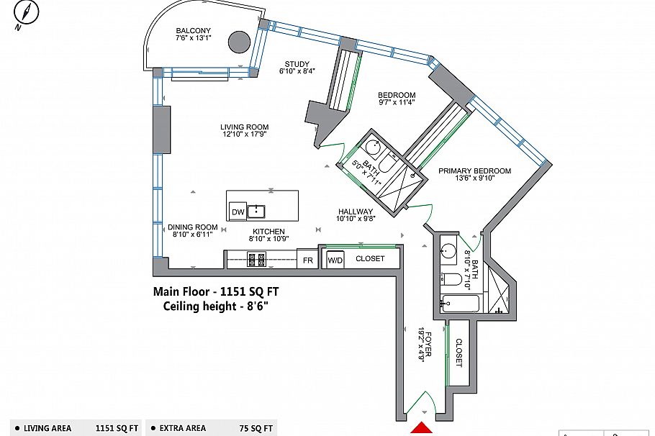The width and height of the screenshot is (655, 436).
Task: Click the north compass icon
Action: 26,14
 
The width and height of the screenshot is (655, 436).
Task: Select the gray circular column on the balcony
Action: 240,42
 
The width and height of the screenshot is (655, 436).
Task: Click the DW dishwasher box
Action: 238,212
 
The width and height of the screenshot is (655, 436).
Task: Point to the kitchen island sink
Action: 256,212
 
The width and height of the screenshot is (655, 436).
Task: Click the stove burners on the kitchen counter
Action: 256,259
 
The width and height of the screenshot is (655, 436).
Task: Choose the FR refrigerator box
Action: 307,260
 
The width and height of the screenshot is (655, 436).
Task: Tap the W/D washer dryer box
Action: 335,260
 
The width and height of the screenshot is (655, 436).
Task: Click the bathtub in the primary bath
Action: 460,304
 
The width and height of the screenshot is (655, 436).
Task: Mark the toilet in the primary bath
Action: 451,278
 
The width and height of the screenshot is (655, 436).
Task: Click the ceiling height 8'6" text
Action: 215,306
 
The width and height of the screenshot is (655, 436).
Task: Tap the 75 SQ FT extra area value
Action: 256,428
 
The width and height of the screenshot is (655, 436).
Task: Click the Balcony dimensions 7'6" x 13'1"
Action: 194,37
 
